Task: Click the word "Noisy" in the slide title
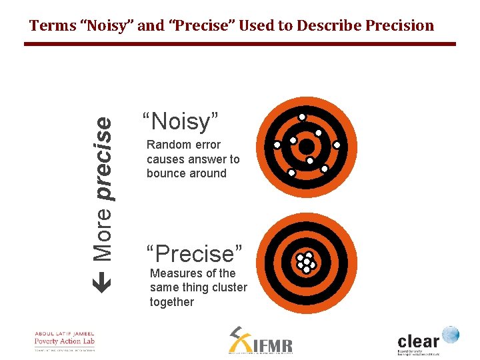click(101, 26)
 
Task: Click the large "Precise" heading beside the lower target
click(194, 254)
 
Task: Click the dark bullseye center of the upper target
click(306, 145)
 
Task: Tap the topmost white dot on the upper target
click(302, 117)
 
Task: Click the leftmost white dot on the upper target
click(277, 145)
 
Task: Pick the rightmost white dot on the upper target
click(337, 145)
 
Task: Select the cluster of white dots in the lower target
click(305, 263)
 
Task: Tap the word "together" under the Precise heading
click(172, 302)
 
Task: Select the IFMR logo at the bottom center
click(261, 341)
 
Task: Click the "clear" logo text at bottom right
click(419, 338)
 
